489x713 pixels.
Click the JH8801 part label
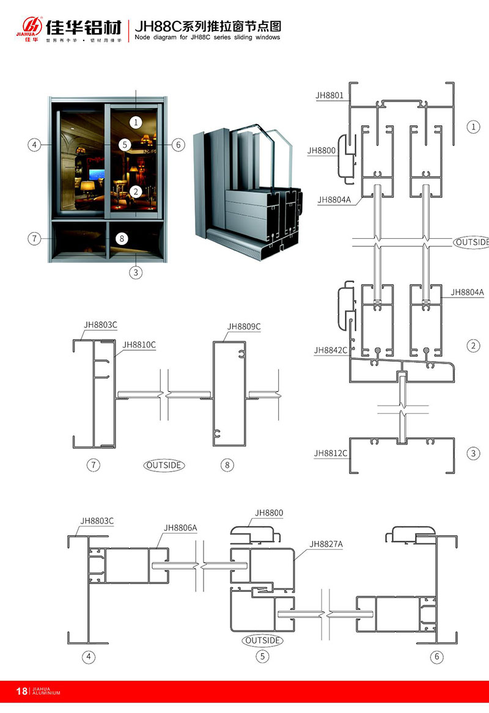click(329, 95)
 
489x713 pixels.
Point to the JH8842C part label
click(331, 350)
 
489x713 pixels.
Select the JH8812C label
click(331, 453)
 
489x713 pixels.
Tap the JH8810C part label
click(139, 345)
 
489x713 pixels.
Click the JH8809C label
click(243, 326)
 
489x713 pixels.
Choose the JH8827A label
click(326, 544)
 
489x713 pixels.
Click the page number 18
click(21, 692)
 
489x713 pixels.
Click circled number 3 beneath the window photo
click(136, 272)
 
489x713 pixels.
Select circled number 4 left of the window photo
click(34, 145)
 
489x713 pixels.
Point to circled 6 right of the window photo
click(178, 145)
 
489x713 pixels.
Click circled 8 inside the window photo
click(122, 238)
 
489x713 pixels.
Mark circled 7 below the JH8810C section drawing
click(93, 465)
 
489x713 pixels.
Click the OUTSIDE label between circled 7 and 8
click(164, 465)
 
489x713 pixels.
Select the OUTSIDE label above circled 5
click(262, 640)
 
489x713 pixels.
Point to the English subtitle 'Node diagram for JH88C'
click(207, 37)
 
